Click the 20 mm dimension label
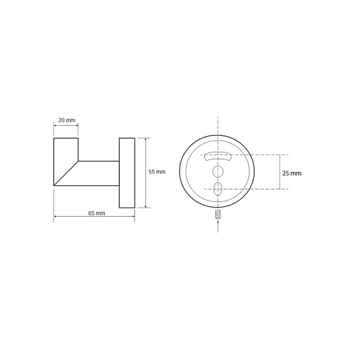coord(66,120)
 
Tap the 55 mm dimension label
coord(157,172)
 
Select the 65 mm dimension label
coord(96,213)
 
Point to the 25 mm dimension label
coord(291,173)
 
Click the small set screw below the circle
coord(218,214)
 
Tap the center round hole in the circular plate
coord(218,172)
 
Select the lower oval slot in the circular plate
coord(218,189)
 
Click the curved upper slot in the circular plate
coord(217,156)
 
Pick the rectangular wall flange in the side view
coord(127,173)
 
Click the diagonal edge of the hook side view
coord(66,173)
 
